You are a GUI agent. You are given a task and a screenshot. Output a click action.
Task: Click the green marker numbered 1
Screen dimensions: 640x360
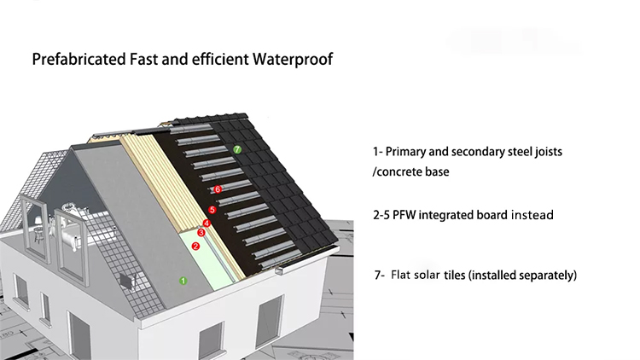183,281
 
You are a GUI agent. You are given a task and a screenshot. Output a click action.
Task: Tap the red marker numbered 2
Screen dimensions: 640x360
196,247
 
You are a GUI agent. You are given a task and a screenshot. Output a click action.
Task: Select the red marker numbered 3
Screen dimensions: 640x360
201,233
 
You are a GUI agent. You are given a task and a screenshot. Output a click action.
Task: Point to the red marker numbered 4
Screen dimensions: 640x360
207,224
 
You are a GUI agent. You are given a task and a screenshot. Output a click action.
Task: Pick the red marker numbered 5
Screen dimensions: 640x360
212,210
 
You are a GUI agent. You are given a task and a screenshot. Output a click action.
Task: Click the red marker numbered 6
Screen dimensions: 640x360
218,189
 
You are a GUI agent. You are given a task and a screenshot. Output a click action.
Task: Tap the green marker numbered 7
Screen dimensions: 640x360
237,149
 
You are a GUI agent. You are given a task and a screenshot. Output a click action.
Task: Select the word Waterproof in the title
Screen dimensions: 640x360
293,60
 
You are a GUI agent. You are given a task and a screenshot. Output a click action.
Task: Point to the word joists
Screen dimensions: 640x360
549,152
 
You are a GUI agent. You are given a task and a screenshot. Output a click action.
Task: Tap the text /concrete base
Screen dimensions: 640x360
410,171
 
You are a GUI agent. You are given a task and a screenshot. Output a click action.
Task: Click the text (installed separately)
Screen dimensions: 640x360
523,276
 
